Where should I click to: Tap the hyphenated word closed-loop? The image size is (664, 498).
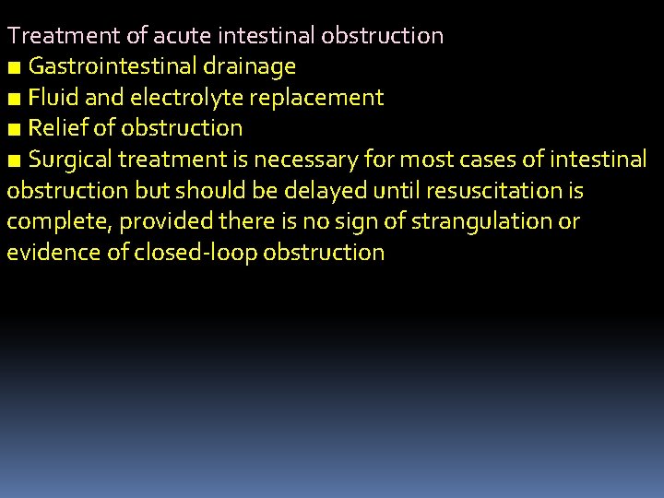pyautogui.click(x=196, y=253)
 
